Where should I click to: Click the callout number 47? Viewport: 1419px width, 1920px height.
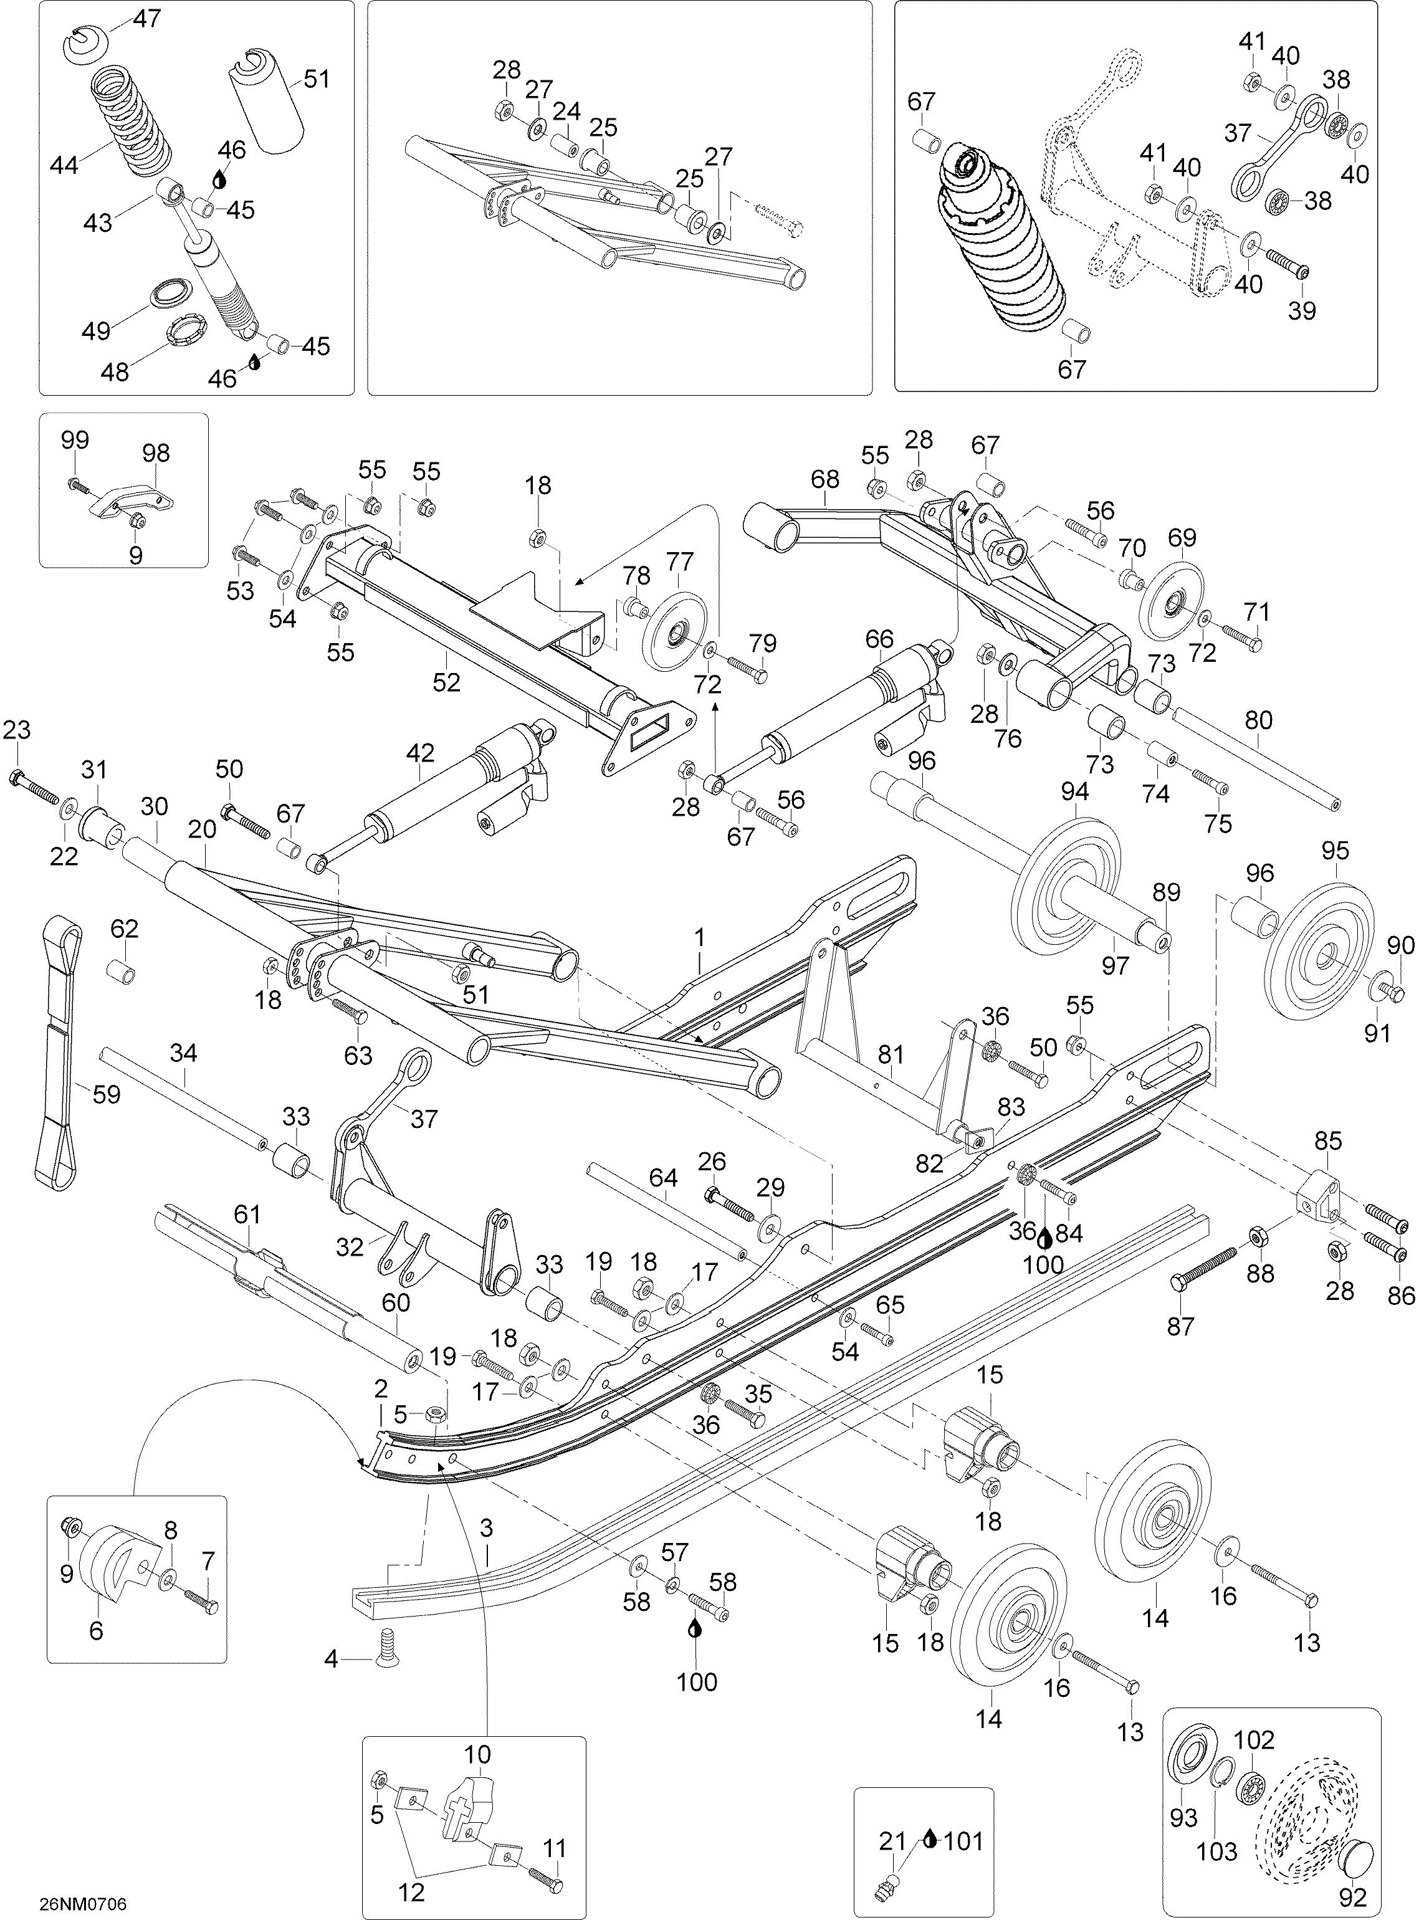click(148, 18)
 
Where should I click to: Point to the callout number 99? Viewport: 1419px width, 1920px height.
click(75, 440)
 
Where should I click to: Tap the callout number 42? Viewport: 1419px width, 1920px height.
click(420, 753)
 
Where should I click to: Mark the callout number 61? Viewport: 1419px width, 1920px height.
click(247, 1215)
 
